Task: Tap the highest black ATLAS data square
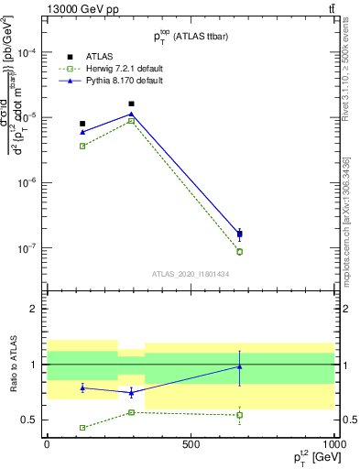pos(132,104)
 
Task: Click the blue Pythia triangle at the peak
pos(132,115)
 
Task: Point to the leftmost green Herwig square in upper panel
pos(82,146)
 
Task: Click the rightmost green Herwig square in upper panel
pos(239,251)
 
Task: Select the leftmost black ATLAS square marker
pos(82,124)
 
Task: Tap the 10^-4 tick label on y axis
pos(28,52)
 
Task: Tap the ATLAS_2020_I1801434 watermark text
pos(190,274)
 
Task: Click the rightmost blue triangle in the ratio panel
pos(239,366)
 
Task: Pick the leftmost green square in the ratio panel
pos(82,428)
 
